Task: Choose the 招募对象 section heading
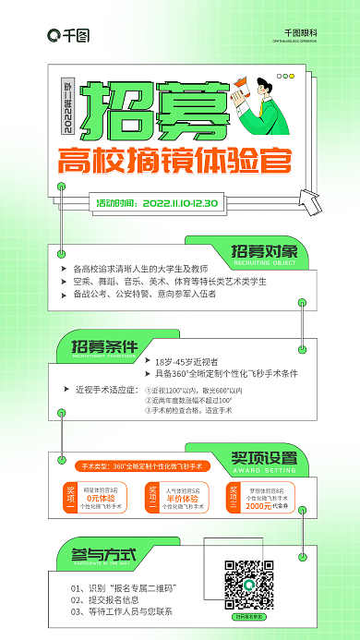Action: coord(264,251)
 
